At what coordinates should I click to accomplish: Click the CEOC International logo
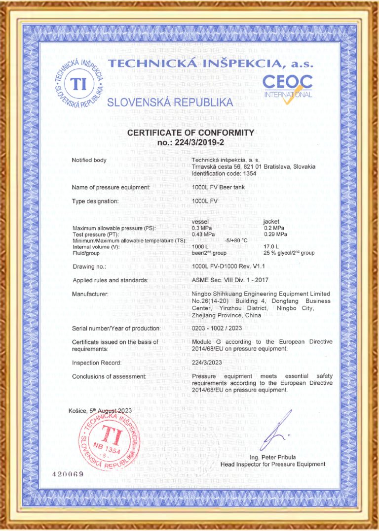(x=287, y=87)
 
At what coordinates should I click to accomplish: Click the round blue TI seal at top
(x=78, y=82)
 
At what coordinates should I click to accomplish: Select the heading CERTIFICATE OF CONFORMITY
(x=190, y=133)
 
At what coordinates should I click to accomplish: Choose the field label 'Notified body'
(x=89, y=160)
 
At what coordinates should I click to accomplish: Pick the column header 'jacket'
(x=271, y=221)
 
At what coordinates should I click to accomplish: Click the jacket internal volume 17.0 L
(x=271, y=247)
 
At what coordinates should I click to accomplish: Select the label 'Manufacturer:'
(x=90, y=294)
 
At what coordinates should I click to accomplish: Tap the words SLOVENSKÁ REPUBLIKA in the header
(x=170, y=102)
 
